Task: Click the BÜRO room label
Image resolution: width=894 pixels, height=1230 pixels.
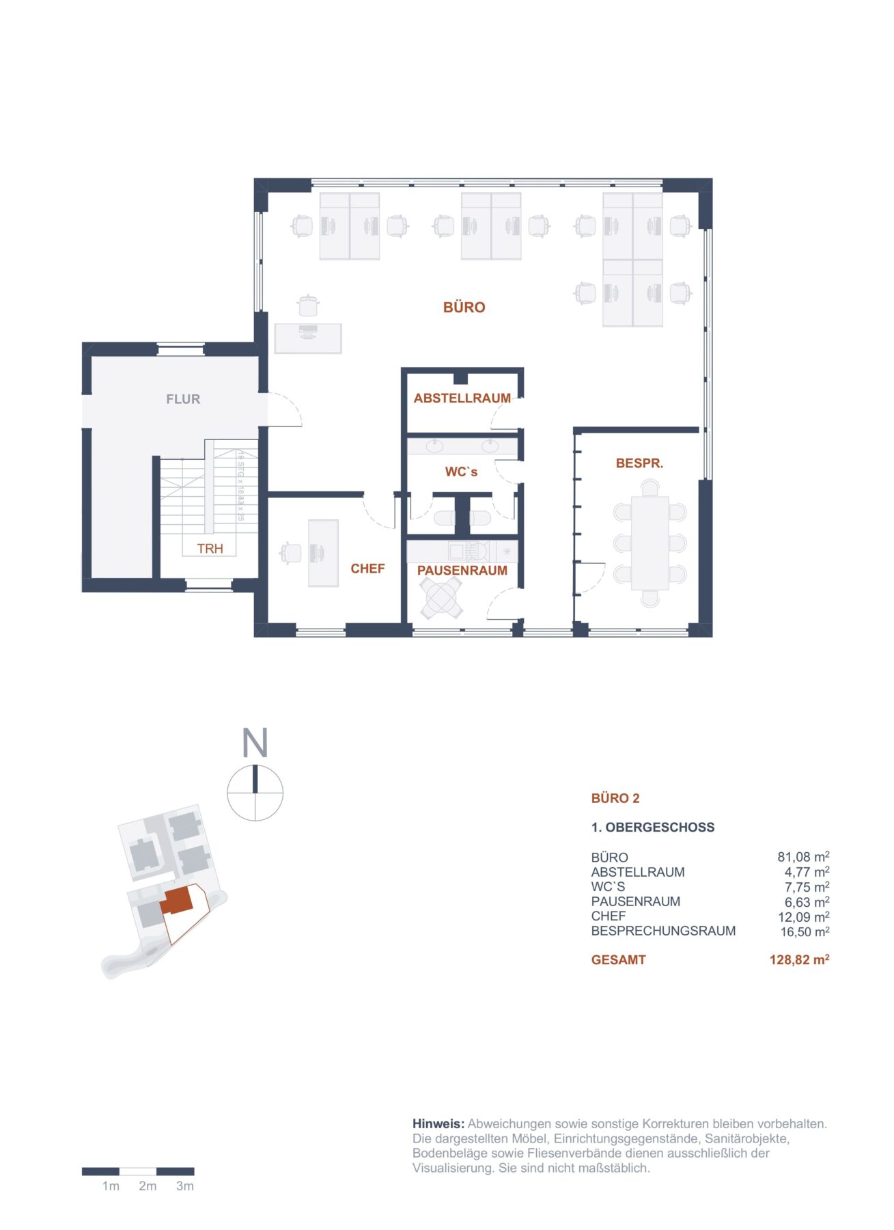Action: click(464, 307)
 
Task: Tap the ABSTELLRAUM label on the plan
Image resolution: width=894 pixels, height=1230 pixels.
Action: click(462, 398)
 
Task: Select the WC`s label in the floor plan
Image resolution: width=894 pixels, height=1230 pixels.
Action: click(461, 471)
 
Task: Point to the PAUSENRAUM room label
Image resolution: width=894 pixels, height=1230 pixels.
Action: click(462, 571)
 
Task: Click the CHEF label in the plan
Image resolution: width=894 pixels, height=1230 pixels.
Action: click(367, 569)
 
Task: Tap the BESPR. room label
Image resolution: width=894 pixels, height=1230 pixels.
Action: click(639, 463)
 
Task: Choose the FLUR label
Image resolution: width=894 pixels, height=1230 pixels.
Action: click(183, 399)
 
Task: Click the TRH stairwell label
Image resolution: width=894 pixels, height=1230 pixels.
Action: click(210, 549)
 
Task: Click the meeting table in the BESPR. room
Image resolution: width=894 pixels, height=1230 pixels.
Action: click(649, 543)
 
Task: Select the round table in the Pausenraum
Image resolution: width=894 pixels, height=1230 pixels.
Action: click(441, 598)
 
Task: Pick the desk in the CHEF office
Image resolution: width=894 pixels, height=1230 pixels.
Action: click(323, 553)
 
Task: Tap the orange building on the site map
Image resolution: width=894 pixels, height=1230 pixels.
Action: click(177, 901)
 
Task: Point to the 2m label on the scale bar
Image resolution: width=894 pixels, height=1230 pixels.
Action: click(148, 1186)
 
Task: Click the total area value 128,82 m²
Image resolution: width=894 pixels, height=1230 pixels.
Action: click(799, 960)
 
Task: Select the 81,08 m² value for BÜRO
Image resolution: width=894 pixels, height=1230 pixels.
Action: click(803, 857)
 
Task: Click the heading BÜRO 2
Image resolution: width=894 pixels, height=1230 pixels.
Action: click(615, 798)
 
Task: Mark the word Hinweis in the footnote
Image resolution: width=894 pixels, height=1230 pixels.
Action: click(438, 1124)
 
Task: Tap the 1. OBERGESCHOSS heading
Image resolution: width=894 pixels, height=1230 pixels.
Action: click(652, 828)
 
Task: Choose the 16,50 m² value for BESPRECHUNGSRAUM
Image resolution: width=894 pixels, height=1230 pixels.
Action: click(805, 931)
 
